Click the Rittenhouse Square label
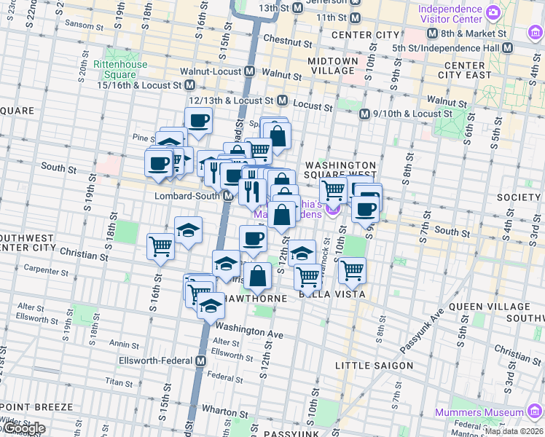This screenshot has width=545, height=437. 120,69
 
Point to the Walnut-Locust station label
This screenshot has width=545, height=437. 213,71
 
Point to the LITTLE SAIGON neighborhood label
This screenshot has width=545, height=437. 374,365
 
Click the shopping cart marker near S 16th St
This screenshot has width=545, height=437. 160,245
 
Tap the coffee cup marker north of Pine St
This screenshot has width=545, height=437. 197,120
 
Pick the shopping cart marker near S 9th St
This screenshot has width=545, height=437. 352,270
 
